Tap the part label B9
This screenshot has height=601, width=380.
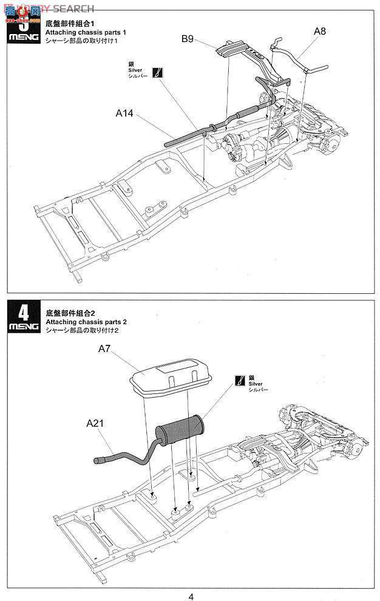(187, 39)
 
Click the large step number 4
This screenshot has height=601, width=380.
(24, 312)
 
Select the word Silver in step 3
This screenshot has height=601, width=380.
(135, 70)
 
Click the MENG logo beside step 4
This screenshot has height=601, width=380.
(24, 328)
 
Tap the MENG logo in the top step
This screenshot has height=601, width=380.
(24, 38)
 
